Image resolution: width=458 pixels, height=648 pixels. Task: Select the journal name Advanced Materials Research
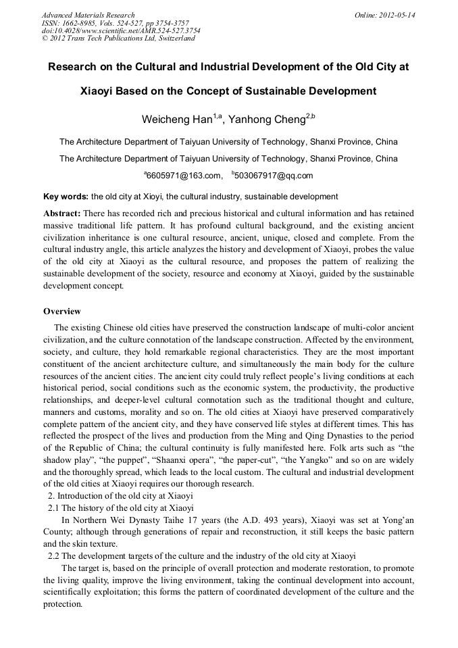click(x=88, y=15)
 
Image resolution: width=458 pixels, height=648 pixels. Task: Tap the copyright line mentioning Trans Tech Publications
click(x=118, y=39)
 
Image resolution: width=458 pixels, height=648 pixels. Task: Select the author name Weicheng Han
click(x=177, y=120)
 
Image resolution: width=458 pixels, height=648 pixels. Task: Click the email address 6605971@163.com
click(x=184, y=176)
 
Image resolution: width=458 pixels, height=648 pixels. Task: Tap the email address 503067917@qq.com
click(x=274, y=176)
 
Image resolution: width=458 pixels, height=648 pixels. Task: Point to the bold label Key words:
click(x=66, y=197)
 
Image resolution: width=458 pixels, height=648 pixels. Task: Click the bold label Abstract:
click(x=62, y=212)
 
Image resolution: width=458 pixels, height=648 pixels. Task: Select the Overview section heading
click(x=62, y=311)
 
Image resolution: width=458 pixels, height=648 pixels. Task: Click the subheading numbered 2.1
click(x=120, y=507)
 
